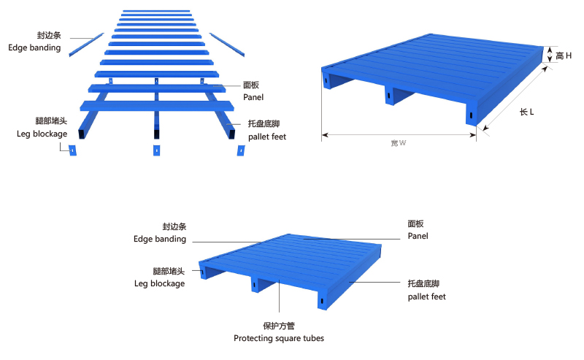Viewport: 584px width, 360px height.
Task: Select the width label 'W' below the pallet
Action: point(398,143)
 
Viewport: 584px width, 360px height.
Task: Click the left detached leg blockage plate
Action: point(72,150)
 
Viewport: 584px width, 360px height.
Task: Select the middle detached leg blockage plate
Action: point(155,150)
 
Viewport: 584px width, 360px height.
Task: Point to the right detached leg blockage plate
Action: point(240,150)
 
